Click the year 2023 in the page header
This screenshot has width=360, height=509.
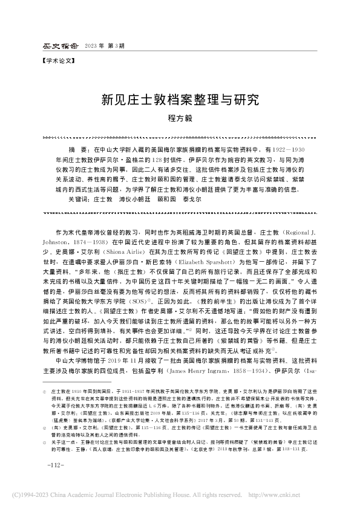pyautogui.click(x=93, y=46)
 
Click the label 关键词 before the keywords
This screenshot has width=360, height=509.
pyautogui.click(x=77, y=198)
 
